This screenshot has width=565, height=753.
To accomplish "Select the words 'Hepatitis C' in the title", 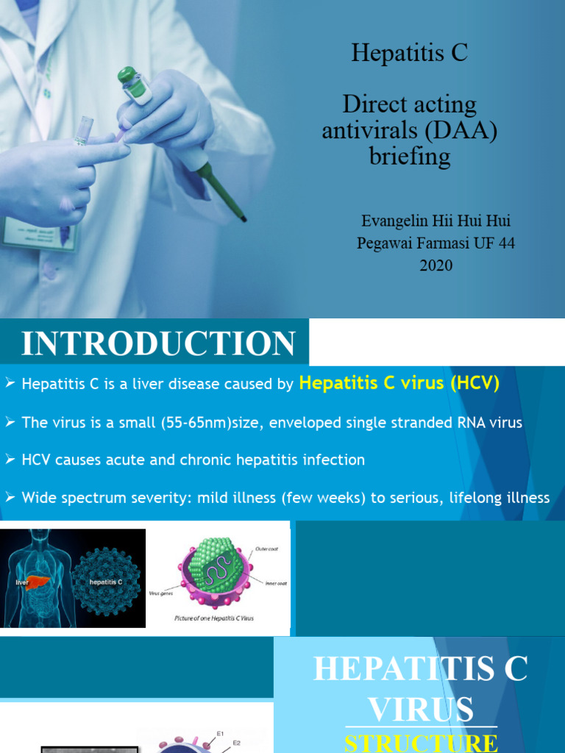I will [x=409, y=53].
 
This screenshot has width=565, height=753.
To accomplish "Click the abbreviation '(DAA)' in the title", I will [x=455, y=130].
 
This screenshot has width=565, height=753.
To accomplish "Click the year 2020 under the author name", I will [x=436, y=265].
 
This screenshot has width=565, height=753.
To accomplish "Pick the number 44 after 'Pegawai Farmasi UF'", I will [x=503, y=243].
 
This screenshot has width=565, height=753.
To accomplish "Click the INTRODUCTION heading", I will [x=158, y=344].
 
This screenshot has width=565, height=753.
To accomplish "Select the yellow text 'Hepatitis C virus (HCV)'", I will [x=399, y=383].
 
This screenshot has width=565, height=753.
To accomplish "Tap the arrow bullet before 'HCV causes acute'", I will [x=10, y=460].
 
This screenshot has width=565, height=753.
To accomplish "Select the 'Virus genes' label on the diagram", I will [x=161, y=593].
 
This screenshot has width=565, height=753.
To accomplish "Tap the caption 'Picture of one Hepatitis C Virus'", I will [x=214, y=618].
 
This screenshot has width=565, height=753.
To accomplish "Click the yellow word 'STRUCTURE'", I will [x=420, y=742].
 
